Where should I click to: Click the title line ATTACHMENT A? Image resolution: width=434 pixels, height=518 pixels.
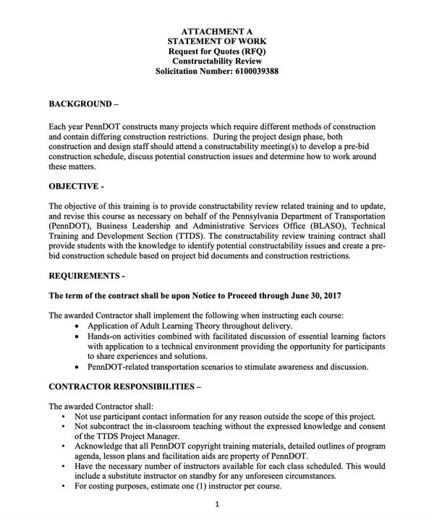click(217, 33)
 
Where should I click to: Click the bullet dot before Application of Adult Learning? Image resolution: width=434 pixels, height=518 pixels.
click(78, 327)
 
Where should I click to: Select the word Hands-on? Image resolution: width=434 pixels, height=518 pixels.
click(107, 337)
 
